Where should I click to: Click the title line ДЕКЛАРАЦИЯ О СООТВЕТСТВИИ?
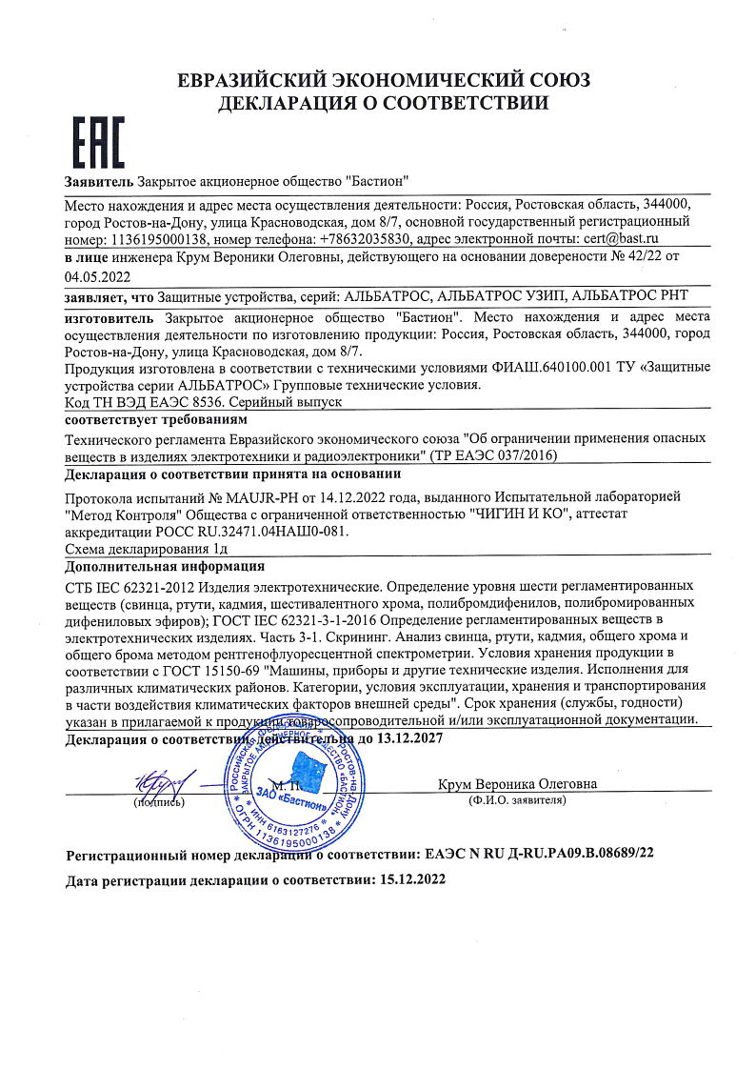point(378,103)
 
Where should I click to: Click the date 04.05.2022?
point(96,276)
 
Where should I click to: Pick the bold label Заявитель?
point(98,181)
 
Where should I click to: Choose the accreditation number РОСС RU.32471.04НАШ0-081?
point(242,532)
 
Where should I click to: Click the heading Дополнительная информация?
point(150,566)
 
